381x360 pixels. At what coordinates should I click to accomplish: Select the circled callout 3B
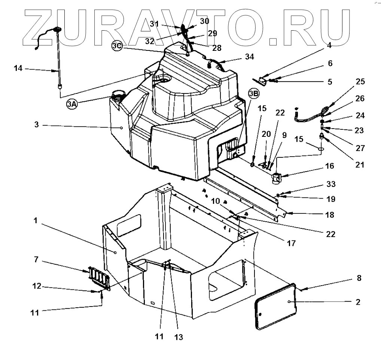coord(253,93)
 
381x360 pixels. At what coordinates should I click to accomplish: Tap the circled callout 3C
coord(116,46)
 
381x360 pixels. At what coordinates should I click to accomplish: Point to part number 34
coord(249,56)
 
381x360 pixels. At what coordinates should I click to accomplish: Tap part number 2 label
coord(358,302)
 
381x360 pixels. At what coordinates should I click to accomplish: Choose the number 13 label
coord(179,337)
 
